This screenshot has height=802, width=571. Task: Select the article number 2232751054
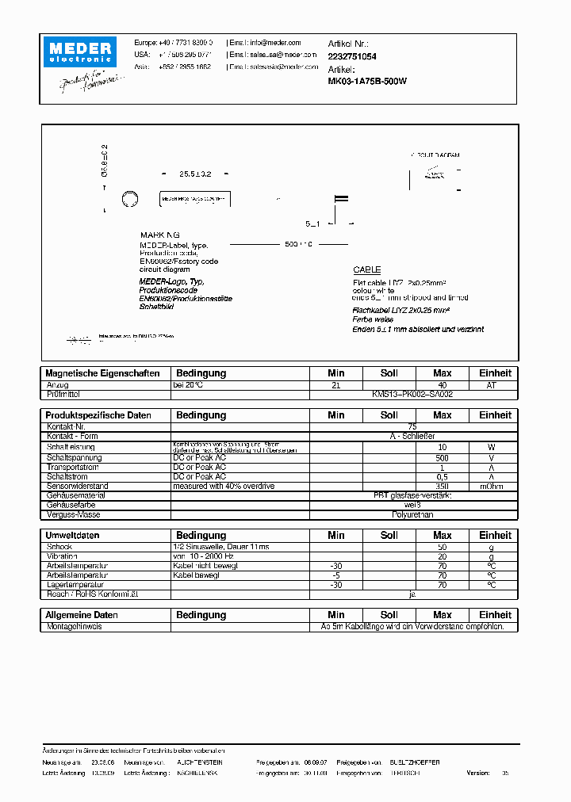tap(352, 56)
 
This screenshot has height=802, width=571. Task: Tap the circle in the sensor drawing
tap(129, 199)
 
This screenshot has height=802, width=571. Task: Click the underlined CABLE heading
tap(367, 270)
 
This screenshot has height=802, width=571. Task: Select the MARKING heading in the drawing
tap(160, 235)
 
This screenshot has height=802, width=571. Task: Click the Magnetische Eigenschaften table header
tap(103, 373)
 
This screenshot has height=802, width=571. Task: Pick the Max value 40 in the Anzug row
tap(442, 384)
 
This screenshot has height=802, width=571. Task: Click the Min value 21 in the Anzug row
tap(335, 384)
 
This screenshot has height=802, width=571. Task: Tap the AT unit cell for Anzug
tap(495, 384)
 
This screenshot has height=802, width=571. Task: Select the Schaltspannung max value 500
tap(442, 458)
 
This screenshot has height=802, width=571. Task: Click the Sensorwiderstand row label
tap(78, 486)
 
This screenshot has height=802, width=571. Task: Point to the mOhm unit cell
tap(495, 486)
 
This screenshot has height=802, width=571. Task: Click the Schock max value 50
tap(442, 547)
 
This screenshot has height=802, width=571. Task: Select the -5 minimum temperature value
tap(335, 575)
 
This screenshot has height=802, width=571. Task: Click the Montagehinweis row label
tap(75, 626)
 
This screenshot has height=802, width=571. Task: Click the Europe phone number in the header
tap(185, 43)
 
